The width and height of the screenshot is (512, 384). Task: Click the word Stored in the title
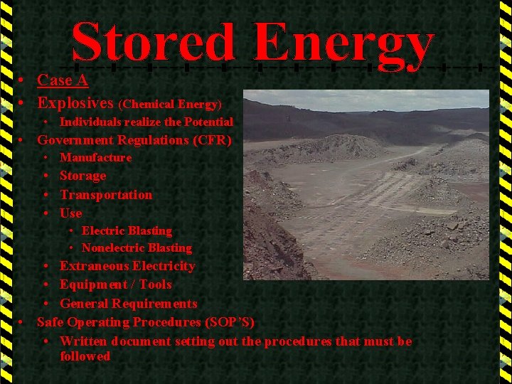[153, 41]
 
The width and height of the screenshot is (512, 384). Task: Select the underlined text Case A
[63, 80]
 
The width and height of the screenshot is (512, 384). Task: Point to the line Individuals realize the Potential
[146, 122]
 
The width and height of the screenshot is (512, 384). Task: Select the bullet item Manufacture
[95, 157]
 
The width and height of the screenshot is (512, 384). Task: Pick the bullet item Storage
[82, 176]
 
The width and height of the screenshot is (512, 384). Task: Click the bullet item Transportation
[106, 195]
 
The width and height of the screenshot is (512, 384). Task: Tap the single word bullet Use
[71, 213]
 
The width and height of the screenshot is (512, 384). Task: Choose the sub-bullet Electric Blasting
[127, 230]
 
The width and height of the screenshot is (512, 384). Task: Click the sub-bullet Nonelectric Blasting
[137, 248]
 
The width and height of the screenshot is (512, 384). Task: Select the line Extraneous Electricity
[127, 266]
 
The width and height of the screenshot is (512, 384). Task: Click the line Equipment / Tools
[116, 284]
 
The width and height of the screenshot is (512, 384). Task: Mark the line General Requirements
[129, 304]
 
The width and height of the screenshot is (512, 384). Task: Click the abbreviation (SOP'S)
[230, 322]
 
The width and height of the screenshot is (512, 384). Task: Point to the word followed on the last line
[85, 356]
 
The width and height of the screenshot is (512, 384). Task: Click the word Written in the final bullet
[83, 341]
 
